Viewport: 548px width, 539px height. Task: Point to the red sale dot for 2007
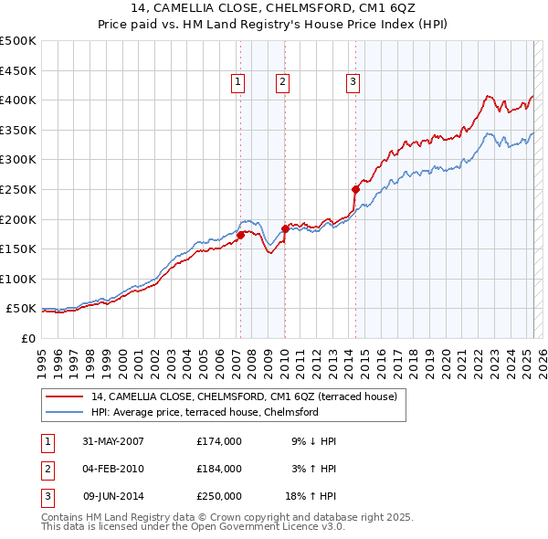(240, 235)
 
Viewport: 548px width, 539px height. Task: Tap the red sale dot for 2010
(284, 228)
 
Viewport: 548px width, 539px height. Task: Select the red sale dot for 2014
(354, 189)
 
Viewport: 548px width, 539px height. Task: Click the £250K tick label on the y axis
(17, 189)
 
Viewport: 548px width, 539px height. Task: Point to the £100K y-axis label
(17, 279)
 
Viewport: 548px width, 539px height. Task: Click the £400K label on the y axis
(17, 100)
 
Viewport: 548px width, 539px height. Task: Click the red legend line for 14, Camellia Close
(64, 397)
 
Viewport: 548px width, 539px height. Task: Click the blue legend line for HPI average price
(64, 412)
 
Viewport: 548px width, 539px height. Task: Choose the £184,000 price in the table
(219, 469)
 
